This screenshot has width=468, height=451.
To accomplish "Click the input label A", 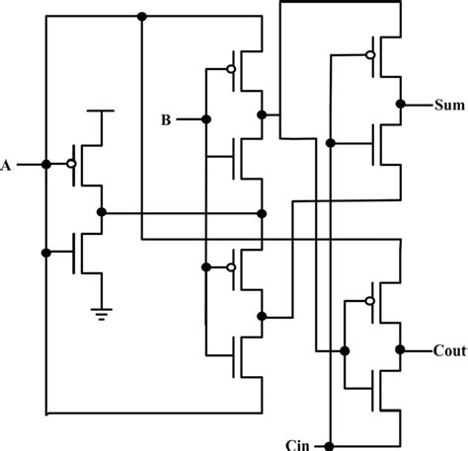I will pos(7,165).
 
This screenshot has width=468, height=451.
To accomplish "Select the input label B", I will pos(168,120).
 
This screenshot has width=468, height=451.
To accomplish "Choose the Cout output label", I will pos(449,350).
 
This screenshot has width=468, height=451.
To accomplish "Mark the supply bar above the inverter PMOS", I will pos(100,112).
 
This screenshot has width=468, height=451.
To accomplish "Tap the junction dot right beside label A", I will pos(45,164).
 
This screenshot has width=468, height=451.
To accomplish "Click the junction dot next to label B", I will pos(205,119).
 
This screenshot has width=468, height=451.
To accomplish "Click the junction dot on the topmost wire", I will pos(142,16).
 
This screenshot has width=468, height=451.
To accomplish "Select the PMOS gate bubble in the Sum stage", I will pos(369,53).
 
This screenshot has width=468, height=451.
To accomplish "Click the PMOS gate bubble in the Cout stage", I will pos(369,300).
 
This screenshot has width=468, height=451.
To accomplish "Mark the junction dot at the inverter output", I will pos(102,212).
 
